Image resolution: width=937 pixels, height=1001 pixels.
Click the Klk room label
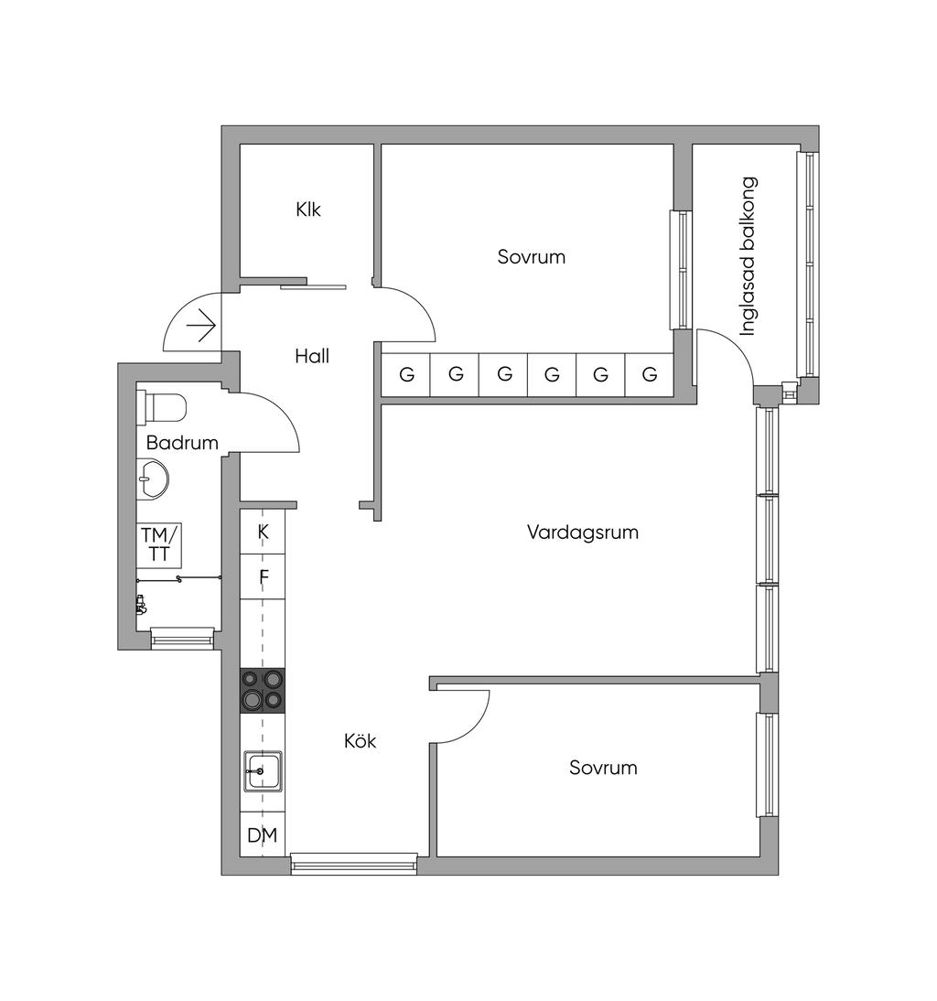pos(308,210)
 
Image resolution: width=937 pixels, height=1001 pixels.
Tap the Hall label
pos(312,356)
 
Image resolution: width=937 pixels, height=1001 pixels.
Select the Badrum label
pos(182,443)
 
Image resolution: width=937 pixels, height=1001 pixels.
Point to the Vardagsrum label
pos(583,533)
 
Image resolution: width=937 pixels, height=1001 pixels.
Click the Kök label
pos(360,740)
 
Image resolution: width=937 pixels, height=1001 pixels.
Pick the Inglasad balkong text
pos(748,256)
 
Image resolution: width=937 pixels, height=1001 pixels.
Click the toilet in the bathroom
pos(162,407)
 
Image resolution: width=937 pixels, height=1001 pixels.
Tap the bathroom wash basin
pos(153,479)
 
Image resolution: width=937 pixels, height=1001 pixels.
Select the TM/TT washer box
pos(159,544)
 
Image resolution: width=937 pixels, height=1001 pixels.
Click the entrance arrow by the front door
pos(201,326)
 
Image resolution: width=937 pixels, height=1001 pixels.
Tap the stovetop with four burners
pos(263,691)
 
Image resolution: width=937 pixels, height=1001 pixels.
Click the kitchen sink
pos(263,771)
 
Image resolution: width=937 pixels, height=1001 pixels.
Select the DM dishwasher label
pos(263,834)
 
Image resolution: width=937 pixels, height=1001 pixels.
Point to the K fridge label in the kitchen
pos(263,532)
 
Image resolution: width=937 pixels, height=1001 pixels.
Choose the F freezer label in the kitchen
pos(264,577)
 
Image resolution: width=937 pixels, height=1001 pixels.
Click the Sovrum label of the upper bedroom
pos(531,256)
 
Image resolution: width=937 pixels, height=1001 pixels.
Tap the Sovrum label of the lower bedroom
pos(603,768)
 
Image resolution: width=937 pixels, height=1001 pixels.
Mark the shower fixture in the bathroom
pos(141,604)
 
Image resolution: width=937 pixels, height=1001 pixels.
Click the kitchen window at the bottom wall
pos(353,865)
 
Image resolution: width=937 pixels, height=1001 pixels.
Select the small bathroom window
pos(182,638)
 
